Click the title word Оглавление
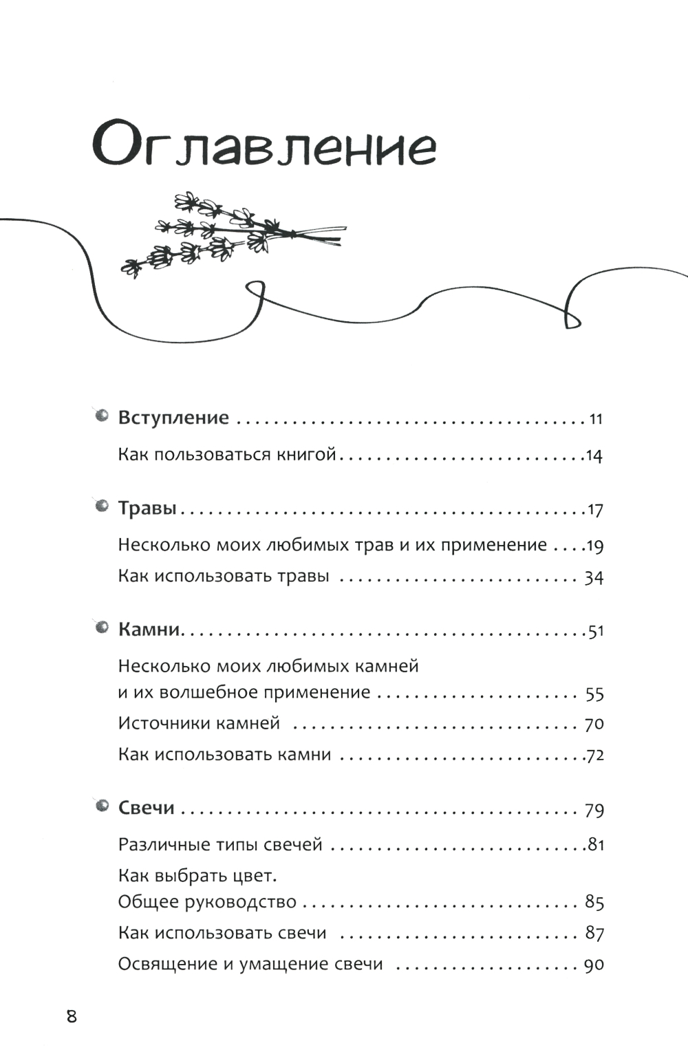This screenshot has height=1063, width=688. [264, 144]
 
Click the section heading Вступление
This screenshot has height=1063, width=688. [173, 418]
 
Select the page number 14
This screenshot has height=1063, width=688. [594, 455]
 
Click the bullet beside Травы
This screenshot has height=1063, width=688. [102, 506]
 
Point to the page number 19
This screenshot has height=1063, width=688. [594, 546]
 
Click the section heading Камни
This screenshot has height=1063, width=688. [149, 630]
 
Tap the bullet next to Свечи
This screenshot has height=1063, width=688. [102, 806]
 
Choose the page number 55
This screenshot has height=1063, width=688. [594, 694]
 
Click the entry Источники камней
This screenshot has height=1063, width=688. [199, 723]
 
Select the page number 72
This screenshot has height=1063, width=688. [595, 755]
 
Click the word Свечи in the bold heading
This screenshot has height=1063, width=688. [147, 808]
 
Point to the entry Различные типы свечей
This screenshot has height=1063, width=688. [220, 844]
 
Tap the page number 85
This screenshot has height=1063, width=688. [594, 903]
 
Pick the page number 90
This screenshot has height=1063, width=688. [594, 965]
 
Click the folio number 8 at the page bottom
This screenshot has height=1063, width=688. [72, 1016]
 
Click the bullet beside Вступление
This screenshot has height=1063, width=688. [102, 416]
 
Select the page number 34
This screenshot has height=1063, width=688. [594, 577]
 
